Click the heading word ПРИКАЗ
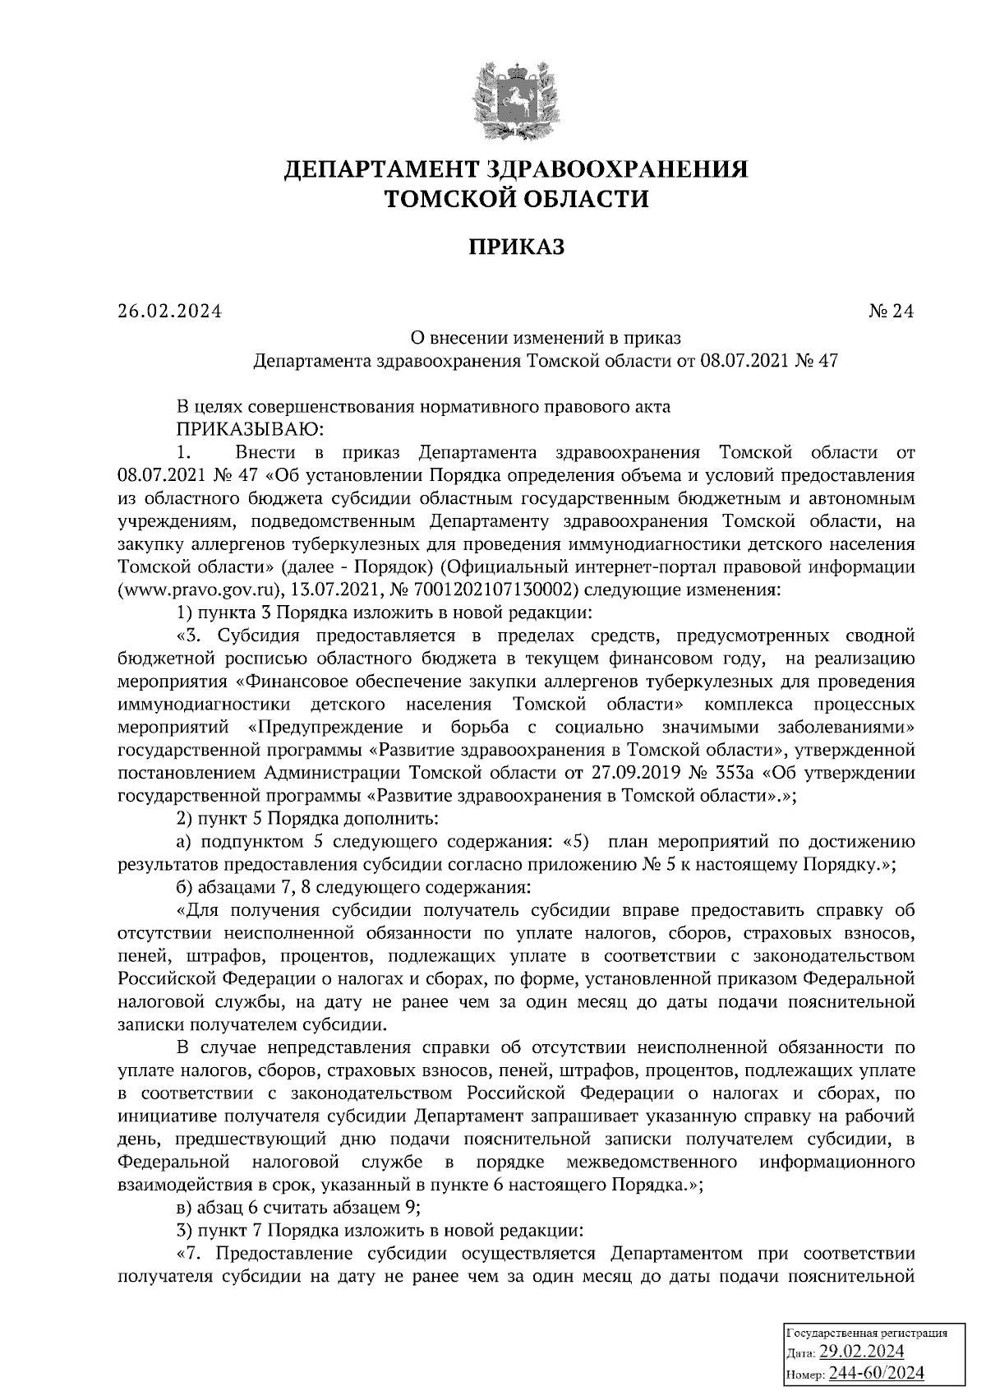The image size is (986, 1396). pos(517,247)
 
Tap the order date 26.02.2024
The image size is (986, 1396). pos(170,312)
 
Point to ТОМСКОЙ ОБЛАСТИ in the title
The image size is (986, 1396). pos(517,198)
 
